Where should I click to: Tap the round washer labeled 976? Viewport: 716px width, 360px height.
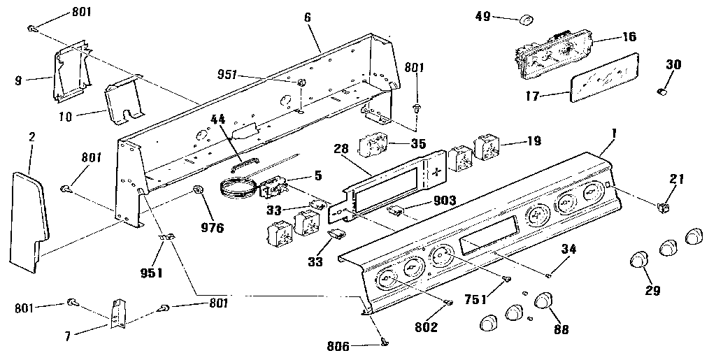tap(198, 189)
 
